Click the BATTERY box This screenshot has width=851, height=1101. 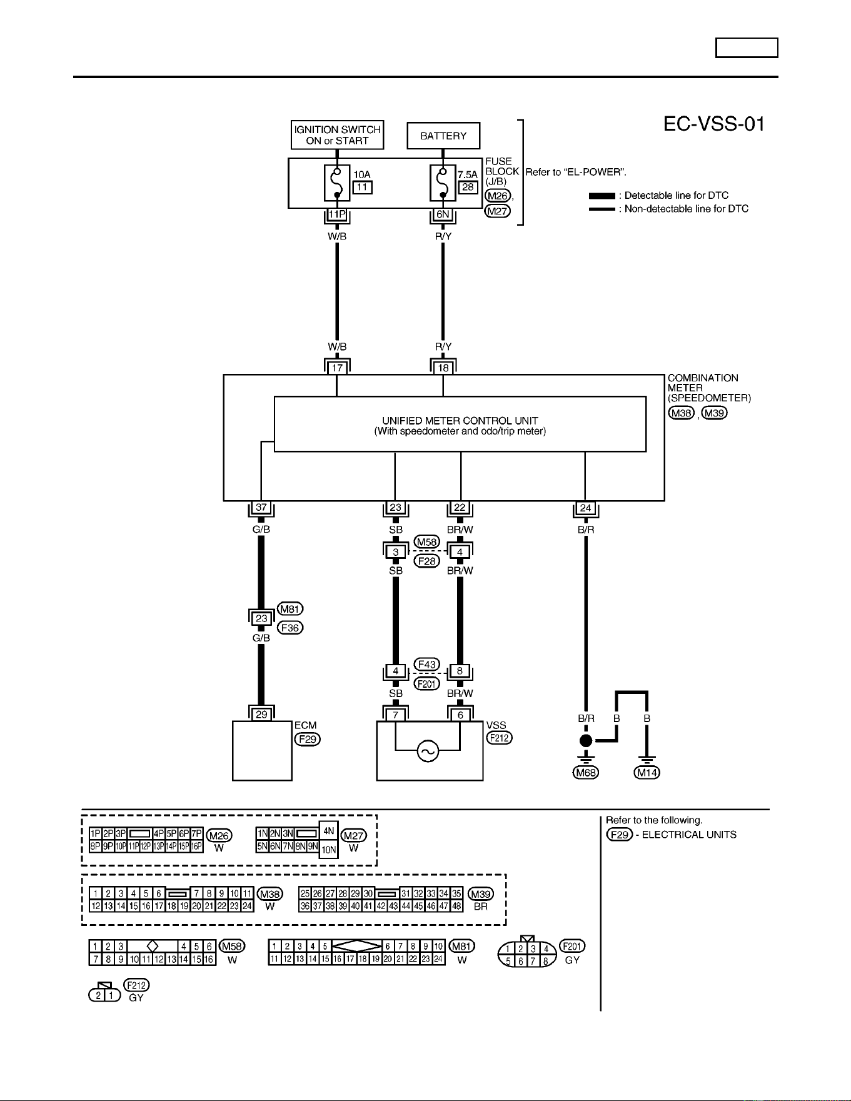click(x=443, y=136)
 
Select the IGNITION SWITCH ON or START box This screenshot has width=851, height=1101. click(x=338, y=135)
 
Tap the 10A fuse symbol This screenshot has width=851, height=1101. click(x=337, y=183)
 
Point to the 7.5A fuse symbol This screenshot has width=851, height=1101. click(x=443, y=183)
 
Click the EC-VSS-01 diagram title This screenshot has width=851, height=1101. click(x=714, y=124)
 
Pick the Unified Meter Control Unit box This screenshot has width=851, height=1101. click(x=460, y=424)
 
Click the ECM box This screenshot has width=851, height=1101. click(x=262, y=751)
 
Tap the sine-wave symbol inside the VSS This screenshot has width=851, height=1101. click(x=428, y=751)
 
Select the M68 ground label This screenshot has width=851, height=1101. click(x=586, y=773)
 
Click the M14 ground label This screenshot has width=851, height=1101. click(x=647, y=773)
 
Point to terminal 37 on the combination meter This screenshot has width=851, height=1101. click(x=261, y=508)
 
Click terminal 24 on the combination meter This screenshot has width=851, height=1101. click(x=585, y=508)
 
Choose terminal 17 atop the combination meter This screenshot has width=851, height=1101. click(x=337, y=368)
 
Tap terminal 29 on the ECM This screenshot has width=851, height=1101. click(x=261, y=714)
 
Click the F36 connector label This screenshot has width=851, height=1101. click(x=290, y=628)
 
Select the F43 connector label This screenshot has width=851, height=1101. click(x=427, y=664)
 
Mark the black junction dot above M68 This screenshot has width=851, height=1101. click(x=586, y=741)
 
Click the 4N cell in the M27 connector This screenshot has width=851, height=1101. click(x=329, y=831)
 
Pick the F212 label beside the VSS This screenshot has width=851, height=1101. click(x=500, y=738)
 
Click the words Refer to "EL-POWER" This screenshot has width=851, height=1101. click(x=576, y=172)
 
